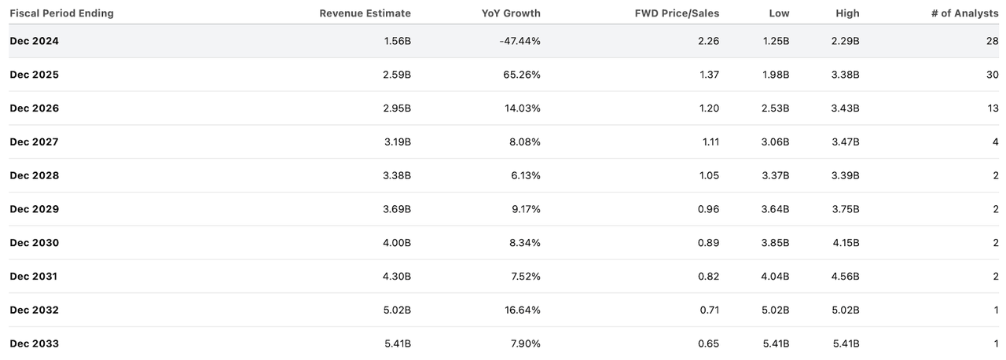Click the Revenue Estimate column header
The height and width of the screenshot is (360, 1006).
(x=365, y=13)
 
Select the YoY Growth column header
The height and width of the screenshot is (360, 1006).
(x=511, y=13)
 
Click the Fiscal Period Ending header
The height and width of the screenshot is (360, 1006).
(x=61, y=13)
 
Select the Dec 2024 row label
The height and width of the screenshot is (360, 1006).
(x=34, y=41)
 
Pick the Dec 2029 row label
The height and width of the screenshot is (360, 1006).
(x=34, y=209)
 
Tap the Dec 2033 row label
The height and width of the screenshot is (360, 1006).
(x=34, y=343)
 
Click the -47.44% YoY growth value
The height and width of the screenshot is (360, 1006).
(x=520, y=41)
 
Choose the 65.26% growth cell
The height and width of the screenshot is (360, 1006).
(x=522, y=75)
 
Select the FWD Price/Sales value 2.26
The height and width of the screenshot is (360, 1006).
(x=708, y=41)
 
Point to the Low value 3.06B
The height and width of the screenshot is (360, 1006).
(x=773, y=142)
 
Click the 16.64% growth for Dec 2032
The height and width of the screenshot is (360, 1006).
(x=522, y=310)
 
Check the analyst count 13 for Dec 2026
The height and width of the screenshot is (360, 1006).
(x=992, y=108)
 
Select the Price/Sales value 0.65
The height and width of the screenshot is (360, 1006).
(x=708, y=343)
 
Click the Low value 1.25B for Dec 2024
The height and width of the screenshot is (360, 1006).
(x=773, y=41)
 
